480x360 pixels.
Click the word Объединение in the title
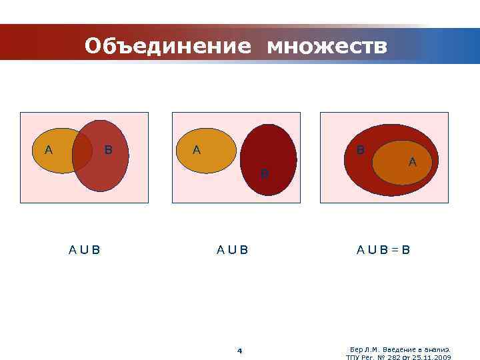click(168, 45)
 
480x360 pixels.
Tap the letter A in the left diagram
click(48, 150)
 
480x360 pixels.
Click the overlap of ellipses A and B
click(82, 151)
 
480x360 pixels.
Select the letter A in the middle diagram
click(196, 150)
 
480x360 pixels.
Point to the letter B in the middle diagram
click(264, 175)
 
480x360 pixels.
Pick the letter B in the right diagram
click(361, 150)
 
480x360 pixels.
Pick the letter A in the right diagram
click(412, 161)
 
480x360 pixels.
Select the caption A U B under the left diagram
click(85, 251)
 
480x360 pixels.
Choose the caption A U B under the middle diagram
click(232, 251)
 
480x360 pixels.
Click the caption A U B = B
click(383, 251)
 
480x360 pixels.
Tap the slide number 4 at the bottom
click(240, 351)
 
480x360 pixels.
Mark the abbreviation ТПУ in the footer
click(353, 357)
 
